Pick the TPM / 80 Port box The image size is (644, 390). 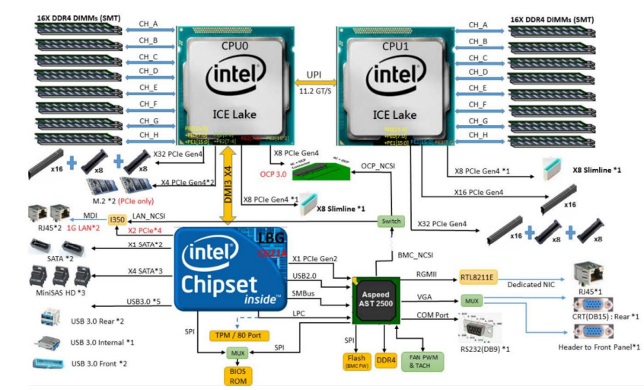coord(239,335)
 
